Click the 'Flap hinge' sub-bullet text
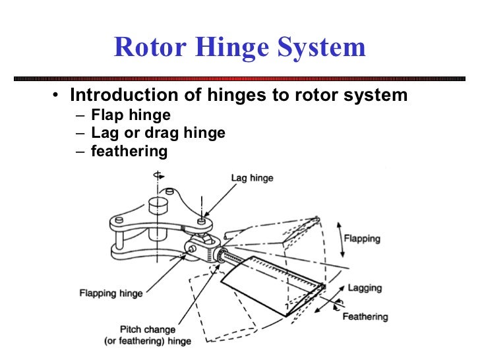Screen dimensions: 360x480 click(131, 115)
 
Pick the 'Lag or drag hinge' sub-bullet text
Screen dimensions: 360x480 click(158, 133)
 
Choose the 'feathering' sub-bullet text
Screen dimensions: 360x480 click(129, 151)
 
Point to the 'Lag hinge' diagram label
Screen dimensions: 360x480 click(251, 178)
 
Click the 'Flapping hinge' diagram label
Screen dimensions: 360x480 click(110, 292)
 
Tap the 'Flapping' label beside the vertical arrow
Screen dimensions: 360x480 click(362, 239)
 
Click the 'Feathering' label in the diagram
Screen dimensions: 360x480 click(365, 316)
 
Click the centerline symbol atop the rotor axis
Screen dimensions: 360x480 click(158, 175)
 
